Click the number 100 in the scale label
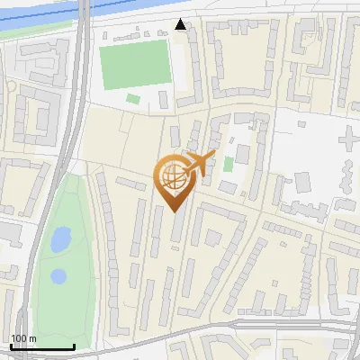[x=20, y=338]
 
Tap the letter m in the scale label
[x=32, y=338]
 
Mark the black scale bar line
[x=41, y=346]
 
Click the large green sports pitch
[x=135, y=65]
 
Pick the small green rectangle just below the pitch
[x=133, y=98]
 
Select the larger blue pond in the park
[x=60, y=240]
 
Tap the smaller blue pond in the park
[x=58, y=275]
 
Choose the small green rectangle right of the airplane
[x=229, y=165]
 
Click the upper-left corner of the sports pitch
[x=100, y=44]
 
